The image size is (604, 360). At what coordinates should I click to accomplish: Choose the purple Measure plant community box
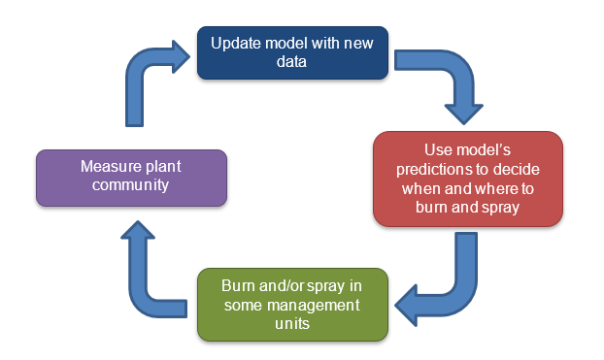131,177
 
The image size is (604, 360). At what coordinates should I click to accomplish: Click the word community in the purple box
131,186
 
